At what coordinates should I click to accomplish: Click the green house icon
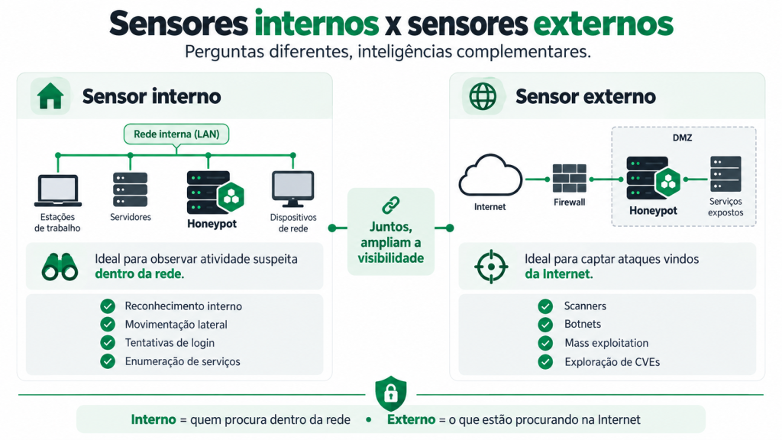click(50, 96)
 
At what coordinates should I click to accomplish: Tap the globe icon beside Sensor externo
click(483, 96)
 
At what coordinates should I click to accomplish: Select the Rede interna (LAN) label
click(176, 134)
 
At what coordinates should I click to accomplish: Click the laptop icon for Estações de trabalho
click(58, 190)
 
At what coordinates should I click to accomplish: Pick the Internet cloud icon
click(490, 176)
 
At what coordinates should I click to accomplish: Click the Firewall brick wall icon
click(569, 179)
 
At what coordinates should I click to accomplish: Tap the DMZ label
click(682, 137)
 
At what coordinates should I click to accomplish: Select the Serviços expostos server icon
click(725, 173)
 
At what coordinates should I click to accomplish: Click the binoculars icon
click(60, 267)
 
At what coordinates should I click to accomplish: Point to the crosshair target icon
click(491, 267)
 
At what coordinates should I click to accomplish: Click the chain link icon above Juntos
click(391, 205)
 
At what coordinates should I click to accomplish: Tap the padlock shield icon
click(391, 393)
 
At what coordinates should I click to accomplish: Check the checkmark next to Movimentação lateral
click(108, 324)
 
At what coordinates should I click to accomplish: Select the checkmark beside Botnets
click(545, 324)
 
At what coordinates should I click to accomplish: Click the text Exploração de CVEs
click(612, 362)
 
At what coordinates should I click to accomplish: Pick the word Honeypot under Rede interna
click(212, 224)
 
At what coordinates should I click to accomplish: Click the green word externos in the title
click(603, 24)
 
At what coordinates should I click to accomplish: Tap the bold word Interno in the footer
click(153, 419)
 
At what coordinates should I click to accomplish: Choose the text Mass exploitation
click(606, 343)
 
